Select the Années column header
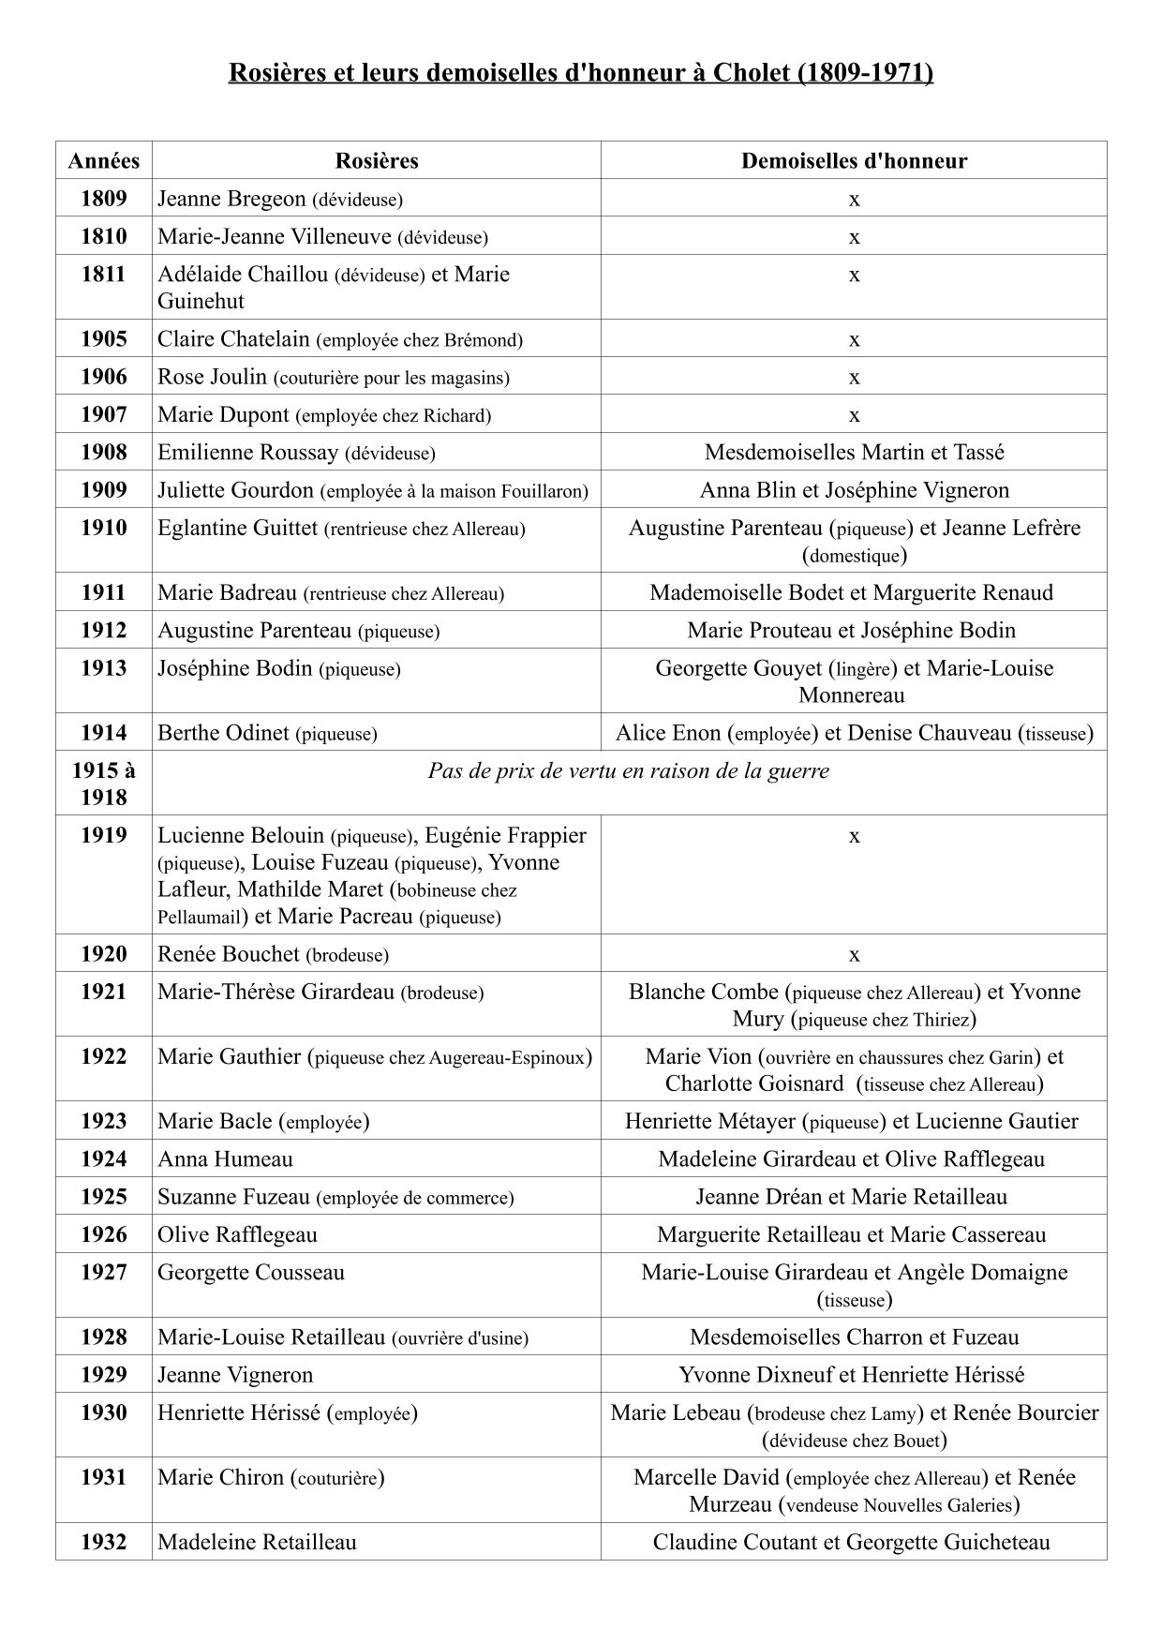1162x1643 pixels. [x=103, y=160]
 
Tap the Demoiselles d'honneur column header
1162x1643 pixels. [x=854, y=160]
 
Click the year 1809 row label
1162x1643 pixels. [x=103, y=199]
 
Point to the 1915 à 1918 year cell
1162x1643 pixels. [x=103, y=784]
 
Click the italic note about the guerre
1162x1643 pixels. [x=628, y=771]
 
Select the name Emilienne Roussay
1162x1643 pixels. [x=247, y=453]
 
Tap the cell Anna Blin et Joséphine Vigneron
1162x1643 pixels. [x=854, y=490]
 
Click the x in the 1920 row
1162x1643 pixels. [x=854, y=954]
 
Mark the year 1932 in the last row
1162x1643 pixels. [x=103, y=1542]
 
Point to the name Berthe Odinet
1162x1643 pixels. [x=223, y=733]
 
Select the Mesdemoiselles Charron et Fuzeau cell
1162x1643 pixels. [x=854, y=1337]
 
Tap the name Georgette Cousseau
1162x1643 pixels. [x=251, y=1273]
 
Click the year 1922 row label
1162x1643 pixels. [x=103, y=1057]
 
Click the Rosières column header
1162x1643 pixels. [x=376, y=160]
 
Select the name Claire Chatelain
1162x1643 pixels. [x=233, y=339]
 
